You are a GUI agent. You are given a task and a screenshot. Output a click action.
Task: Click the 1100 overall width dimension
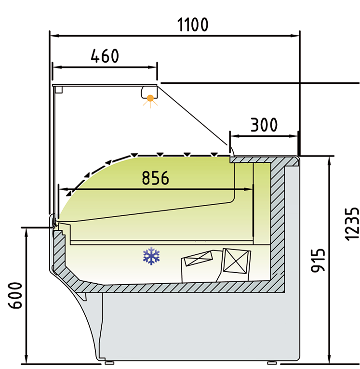pos(193,25)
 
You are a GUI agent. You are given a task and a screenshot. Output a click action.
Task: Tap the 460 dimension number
pos(105,56)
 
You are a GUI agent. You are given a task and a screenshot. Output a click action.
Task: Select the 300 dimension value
pos(264,125)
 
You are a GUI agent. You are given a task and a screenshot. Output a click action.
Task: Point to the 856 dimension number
pos(155,178)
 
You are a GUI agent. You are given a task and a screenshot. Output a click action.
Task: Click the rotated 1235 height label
pos(352,224)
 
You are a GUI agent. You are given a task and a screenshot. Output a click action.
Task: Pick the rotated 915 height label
pos(318,261)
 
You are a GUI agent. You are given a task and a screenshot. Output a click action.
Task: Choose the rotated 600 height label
pos(15,296)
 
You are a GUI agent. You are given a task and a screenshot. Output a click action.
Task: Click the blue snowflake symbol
pos(151,256)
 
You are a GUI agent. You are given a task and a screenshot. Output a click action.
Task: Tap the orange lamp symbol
pos(150,101)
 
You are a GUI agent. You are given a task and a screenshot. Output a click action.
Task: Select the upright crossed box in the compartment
pos(236,261)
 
